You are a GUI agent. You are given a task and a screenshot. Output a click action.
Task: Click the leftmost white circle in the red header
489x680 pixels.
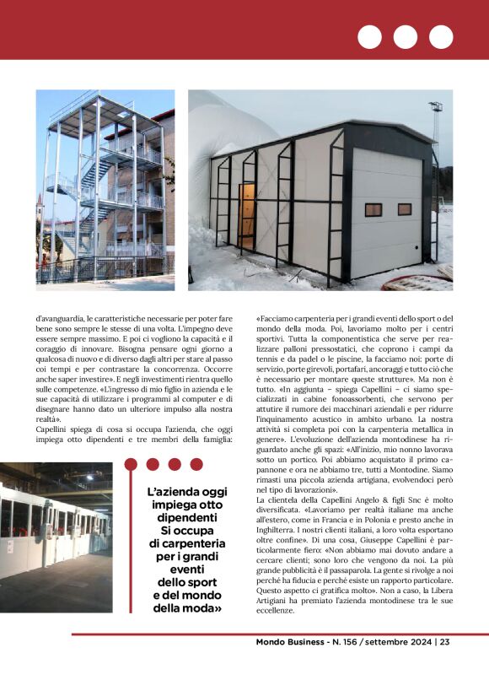coord(369,37)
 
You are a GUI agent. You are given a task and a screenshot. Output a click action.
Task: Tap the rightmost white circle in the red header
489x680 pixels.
coord(441,37)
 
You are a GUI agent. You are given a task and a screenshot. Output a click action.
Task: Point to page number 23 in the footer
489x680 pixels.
coord(444,642)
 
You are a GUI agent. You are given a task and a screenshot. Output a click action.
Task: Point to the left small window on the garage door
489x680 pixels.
coord(373,209)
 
